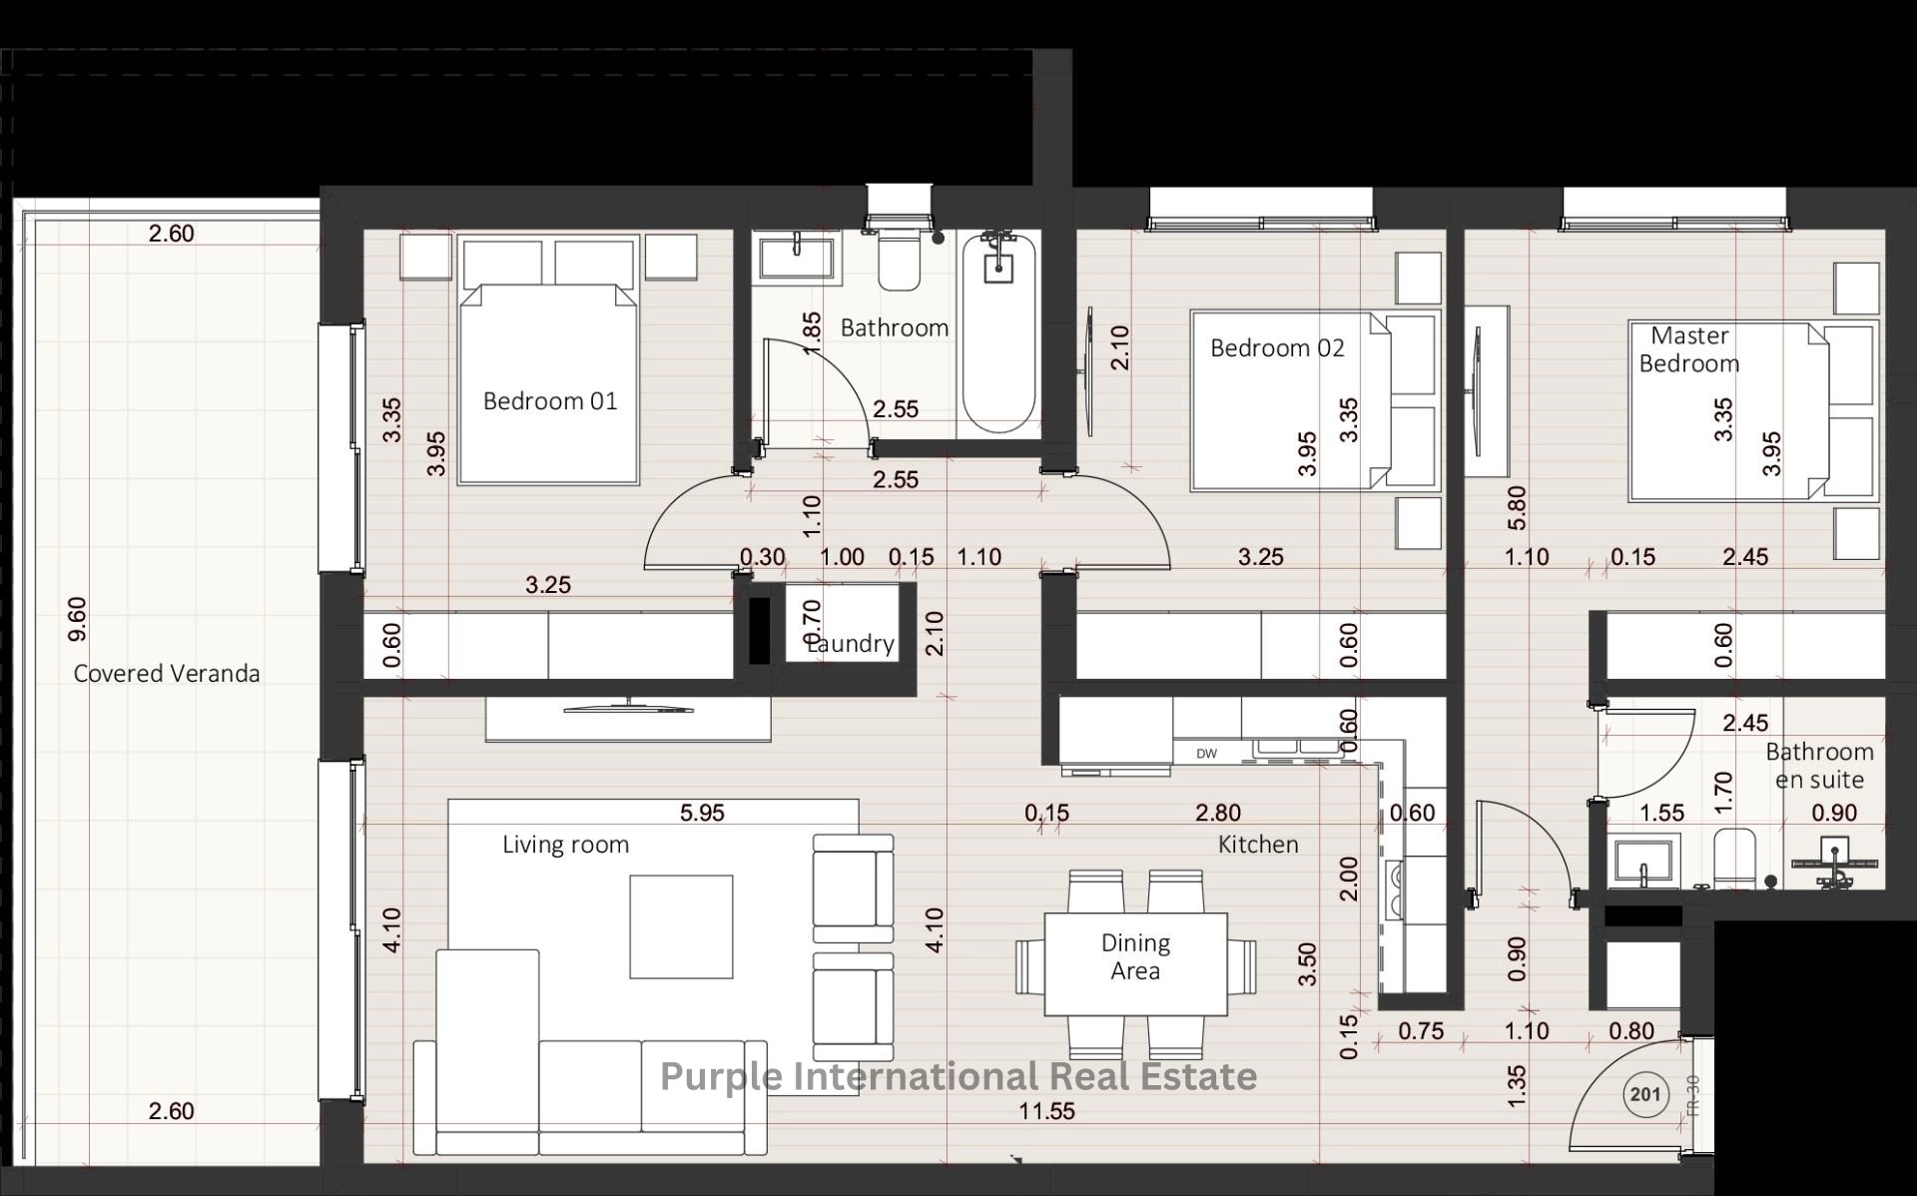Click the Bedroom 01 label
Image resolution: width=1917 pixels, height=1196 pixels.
point(550,401)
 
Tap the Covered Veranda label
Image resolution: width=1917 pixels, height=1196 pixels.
point(167,673)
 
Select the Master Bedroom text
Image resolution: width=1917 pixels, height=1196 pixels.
point(1689,349)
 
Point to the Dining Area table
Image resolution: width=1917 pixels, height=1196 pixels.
point(1136,963)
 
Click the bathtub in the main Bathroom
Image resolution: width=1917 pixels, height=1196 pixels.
point(998,332)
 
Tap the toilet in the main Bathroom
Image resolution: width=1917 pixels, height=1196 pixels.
point(899,259)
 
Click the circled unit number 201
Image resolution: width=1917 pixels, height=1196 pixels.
point(1644,1094)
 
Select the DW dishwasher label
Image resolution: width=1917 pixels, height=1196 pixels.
point(1206,754)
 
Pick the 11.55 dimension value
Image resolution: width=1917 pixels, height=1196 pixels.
point(1046,1111)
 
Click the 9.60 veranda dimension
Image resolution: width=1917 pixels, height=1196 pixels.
point(78,619)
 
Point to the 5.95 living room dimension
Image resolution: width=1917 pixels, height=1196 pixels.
point(702,813)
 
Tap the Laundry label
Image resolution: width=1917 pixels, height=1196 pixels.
point(850,644)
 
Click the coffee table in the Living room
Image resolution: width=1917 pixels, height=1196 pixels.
point(681,926)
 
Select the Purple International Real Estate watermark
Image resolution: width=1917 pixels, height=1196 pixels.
point(958,1076)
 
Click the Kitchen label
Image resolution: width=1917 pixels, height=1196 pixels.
point(1258,845)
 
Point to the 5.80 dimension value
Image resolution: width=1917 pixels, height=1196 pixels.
point(1517,508)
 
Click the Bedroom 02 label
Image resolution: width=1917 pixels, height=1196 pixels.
point(1277,348)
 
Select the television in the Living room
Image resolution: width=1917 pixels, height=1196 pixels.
point(628,708)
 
